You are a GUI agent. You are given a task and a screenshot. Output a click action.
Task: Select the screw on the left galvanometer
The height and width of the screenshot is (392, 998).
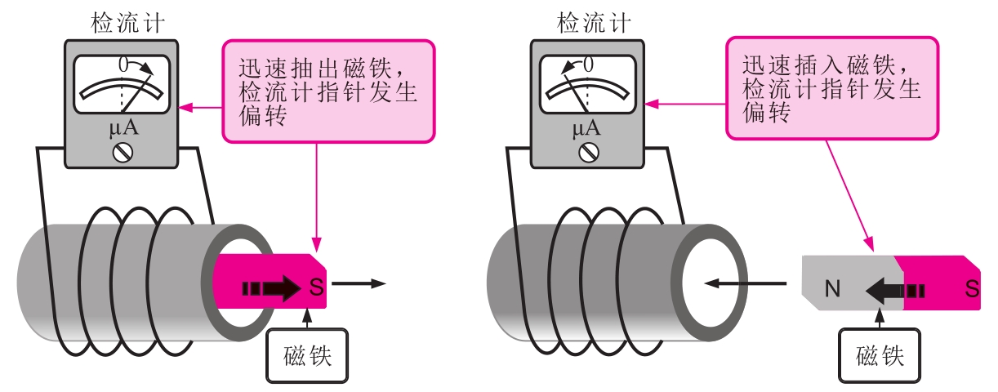pos(122,152)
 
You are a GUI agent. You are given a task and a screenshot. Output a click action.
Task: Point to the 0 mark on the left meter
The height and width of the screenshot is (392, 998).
pos(123,63)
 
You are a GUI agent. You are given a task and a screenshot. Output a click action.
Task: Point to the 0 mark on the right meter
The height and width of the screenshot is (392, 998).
pos(588,63)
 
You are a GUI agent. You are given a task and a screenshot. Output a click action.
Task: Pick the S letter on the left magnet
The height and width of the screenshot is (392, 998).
pos(316,287)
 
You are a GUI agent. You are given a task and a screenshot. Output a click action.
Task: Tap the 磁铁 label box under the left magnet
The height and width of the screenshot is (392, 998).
pos(307,356)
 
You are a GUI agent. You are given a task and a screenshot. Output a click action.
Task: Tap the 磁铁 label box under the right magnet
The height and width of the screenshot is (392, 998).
pos(880,356)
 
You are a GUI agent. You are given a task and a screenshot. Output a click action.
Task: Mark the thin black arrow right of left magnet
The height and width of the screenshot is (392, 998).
pos(359,284)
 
